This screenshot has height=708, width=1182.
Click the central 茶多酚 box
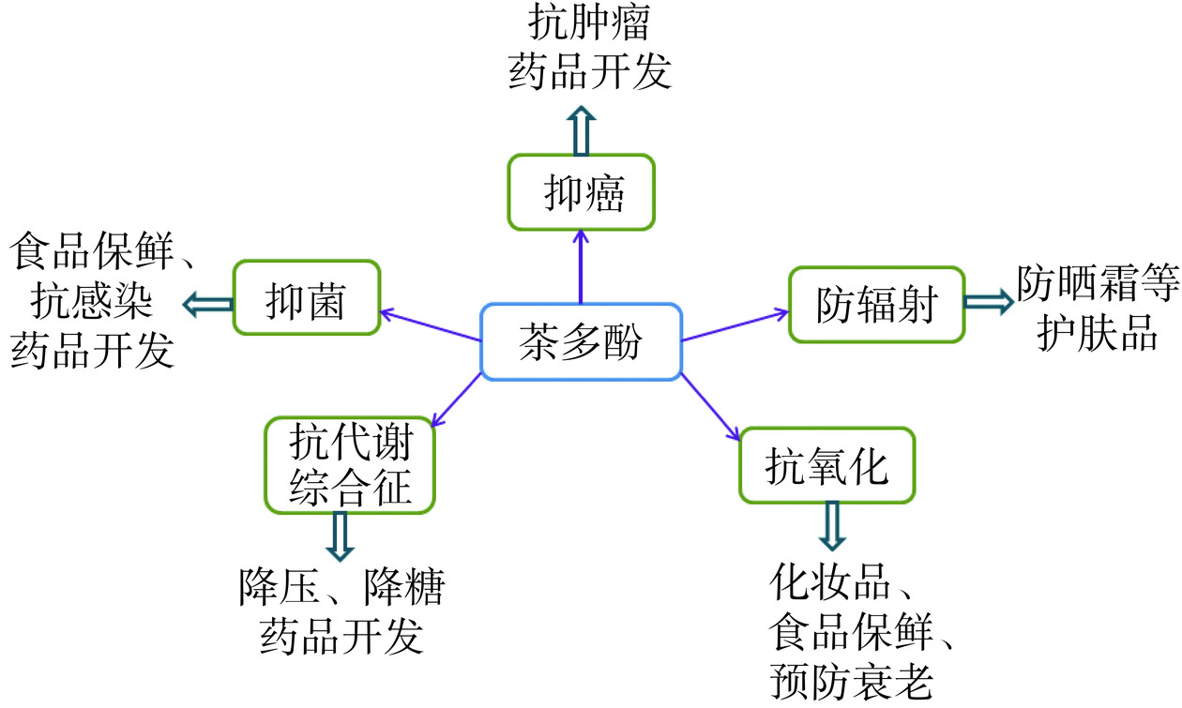coord(581,341)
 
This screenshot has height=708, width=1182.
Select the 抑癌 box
coord(581,192)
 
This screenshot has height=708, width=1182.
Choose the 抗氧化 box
coord(826,465)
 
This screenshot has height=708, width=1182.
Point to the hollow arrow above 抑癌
coord(582,130)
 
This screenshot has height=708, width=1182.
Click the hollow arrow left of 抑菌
coord(207,303)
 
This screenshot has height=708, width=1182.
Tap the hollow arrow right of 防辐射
coord(988,302)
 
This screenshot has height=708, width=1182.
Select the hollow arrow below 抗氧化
coord(831,526)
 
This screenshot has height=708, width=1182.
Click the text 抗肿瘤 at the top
coord(589,23)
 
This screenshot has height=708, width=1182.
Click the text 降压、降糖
coord(341,589)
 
